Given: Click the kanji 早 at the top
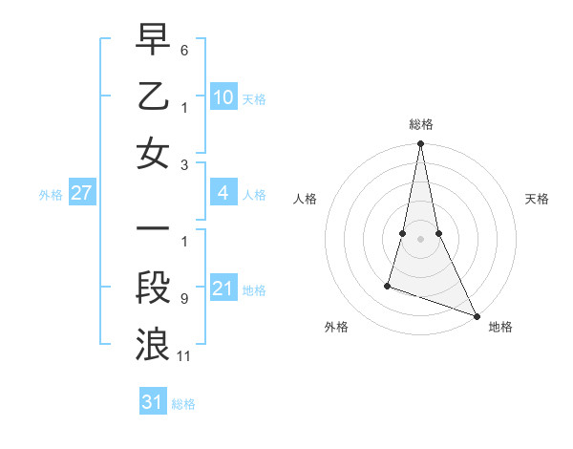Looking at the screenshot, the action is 153,39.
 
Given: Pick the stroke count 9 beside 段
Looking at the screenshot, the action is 184,298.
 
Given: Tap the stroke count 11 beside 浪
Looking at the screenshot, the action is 185,357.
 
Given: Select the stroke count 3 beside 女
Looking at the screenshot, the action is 184,165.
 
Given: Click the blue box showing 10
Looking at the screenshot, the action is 223,96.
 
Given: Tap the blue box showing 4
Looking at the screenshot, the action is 223,194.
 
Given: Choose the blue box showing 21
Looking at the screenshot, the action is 223,289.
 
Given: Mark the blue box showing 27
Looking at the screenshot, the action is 82,194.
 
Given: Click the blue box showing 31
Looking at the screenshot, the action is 153,402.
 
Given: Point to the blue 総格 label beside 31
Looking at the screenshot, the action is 183,404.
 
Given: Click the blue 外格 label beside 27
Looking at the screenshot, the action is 51,195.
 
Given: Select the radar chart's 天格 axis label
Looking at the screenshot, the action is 538,199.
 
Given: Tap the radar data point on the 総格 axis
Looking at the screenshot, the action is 420,144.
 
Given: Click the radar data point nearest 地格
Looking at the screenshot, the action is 477,315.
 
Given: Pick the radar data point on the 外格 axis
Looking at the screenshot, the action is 388,285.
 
